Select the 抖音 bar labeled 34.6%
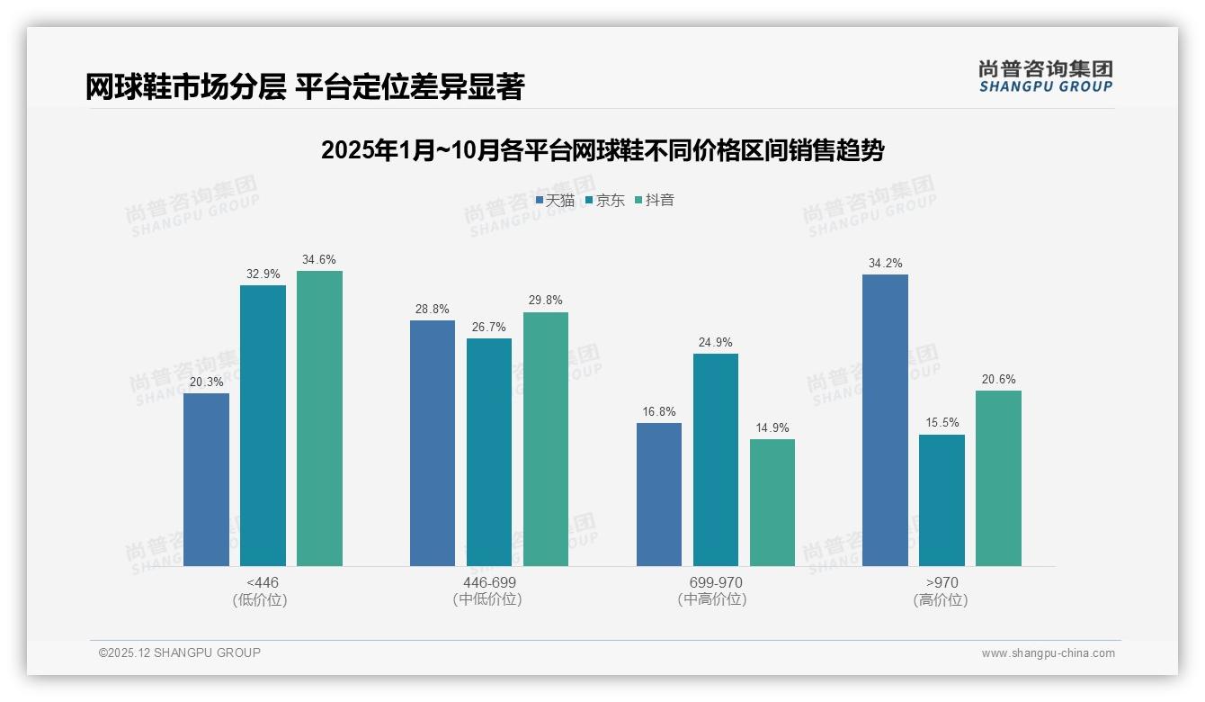tap(319, 418)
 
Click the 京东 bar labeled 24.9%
tap(716, 460)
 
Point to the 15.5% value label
tap(942, 422)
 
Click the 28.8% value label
tap(433, 308)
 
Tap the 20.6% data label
tap(998, 379)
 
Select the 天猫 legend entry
tap(555, 200)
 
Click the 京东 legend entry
tap(604, 200)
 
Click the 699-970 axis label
tap(716, 582)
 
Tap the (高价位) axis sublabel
tap(941, 599)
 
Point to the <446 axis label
tap(262, 582)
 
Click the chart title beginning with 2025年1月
tap(602, 150)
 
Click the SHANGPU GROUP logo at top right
tap(1045, 76)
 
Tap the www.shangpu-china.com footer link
tap(1048, 653)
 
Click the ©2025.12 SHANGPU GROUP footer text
tap(180, 652)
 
